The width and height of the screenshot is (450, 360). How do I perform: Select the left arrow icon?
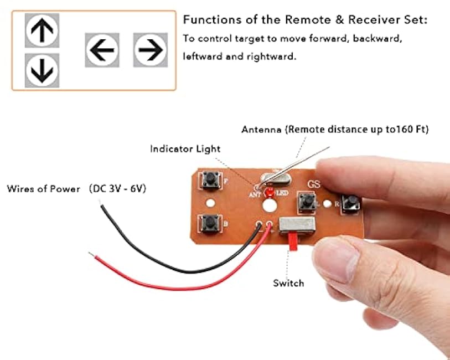102,50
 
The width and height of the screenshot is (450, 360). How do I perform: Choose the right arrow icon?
151,50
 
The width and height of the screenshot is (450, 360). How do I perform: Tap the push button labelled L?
305,201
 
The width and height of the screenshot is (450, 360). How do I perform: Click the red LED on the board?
270,192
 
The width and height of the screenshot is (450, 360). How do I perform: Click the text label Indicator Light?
185,149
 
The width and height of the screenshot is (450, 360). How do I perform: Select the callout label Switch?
288,283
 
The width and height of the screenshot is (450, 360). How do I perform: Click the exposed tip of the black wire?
104,208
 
